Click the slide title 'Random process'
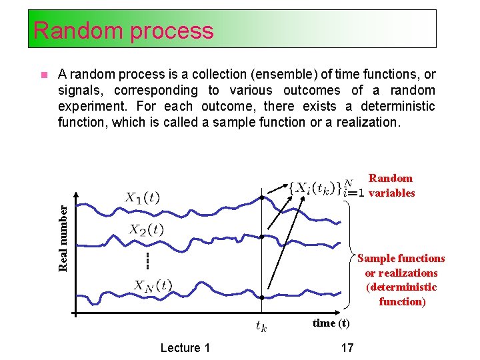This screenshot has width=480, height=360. pyautogui.click(x=123, y=31)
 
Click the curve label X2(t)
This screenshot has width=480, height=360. pyautogui.click(x=146, y=230)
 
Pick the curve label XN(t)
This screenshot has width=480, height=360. pyautogui.click(x=153, y=285)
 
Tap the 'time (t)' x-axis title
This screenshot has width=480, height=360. pyautogui.click(x=331, y=323)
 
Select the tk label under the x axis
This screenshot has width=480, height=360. pyautogui.click(x=261, y=327)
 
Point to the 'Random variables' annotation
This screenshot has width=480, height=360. pyautogui.click(x=391, y=186)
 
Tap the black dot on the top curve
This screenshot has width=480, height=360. pyautogui.click(x=262, y=199)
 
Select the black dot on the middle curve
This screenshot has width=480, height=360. pyautogui.click(x=262, y=237)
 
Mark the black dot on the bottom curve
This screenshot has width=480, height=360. pyautogui.click(x=262, y=297)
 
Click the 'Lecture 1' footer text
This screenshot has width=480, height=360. pyautogui.click(x=185, y=347)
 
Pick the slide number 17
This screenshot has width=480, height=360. pyautogui.click(x=347, y=347)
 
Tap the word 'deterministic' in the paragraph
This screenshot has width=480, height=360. pyautogui.click(x=398, y=106)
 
